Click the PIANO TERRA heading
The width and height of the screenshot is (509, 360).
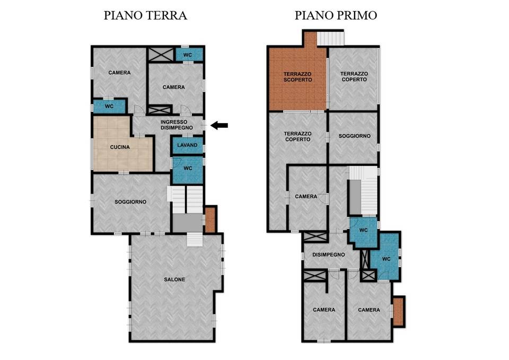145,15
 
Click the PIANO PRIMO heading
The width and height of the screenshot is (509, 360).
336,15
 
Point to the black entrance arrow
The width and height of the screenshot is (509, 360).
219,125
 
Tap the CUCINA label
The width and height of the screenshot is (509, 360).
120,147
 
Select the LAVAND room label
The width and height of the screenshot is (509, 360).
187,145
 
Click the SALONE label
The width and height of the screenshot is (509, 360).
174,279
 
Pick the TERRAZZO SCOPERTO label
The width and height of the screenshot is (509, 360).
297,76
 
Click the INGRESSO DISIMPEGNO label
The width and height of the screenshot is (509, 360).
177,125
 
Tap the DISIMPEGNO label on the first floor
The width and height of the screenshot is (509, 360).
329,255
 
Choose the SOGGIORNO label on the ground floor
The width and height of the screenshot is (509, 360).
130,202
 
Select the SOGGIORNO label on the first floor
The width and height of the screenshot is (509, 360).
355,136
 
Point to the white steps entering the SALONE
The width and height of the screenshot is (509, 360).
195,240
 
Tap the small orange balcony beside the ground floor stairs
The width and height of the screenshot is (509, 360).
210,219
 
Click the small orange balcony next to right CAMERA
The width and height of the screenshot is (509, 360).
398,311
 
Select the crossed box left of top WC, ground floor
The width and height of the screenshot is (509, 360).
161,54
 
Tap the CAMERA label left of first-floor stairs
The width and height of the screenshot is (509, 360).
306,196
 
